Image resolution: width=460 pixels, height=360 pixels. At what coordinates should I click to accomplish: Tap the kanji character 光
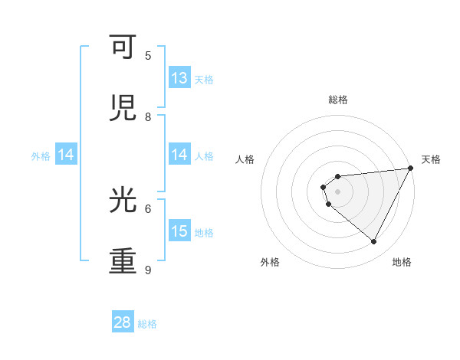124,201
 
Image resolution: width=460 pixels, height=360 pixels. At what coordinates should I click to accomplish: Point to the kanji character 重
124,261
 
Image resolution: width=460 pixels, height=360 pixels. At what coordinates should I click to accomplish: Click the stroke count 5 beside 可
148,56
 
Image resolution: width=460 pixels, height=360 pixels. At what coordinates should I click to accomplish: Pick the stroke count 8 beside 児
148,117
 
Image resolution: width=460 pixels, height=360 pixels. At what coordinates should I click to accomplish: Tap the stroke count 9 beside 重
148,270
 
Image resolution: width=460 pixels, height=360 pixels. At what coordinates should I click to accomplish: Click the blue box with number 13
179,78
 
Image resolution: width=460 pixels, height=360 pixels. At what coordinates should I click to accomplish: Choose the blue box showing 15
179,231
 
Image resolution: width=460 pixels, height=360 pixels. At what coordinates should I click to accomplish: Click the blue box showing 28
123,322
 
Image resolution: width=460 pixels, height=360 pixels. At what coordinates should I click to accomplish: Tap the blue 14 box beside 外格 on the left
66,155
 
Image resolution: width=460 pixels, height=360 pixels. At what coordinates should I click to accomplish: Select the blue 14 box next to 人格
179,155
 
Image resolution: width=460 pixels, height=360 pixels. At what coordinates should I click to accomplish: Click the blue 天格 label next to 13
204,79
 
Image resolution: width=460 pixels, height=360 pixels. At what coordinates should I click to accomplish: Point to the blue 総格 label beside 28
147,323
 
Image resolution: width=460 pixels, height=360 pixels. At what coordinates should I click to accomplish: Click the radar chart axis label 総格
337,100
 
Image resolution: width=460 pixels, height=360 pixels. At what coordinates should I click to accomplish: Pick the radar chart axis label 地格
402,262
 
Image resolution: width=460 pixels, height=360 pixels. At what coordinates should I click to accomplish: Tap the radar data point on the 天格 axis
410,169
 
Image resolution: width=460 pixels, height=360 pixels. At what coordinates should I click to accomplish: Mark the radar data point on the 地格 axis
373,241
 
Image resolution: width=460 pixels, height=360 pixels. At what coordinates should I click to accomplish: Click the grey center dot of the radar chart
337,191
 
